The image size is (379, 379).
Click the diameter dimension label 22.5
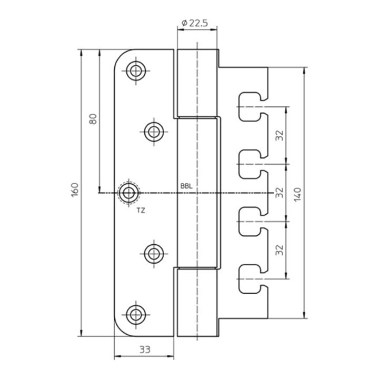coord(195,23)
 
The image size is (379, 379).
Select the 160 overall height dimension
coord(75,189)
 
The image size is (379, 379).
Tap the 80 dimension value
coord(93,119)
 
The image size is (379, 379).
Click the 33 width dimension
coord(145,350)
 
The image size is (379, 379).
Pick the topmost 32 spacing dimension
coord(280,135)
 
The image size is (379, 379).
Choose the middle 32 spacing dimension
coord(280,193)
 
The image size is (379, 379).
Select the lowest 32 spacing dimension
coord(280,250)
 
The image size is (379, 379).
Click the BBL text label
coord(186,186)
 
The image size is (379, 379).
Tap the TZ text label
coord(141,211)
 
